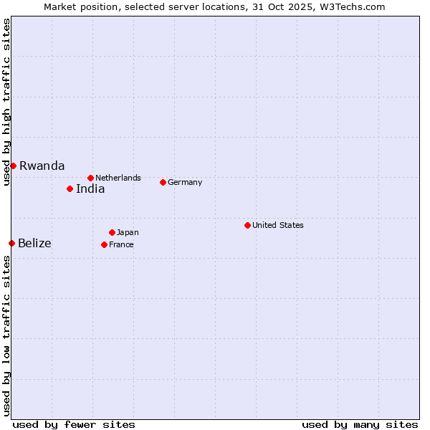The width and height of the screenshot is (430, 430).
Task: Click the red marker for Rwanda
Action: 13,166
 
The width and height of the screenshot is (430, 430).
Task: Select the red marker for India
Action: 70,188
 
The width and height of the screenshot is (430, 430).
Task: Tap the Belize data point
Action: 11,243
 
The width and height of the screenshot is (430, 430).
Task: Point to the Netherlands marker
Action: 90,178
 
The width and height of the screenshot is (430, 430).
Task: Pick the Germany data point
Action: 163,182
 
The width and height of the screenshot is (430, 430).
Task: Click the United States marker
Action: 247,225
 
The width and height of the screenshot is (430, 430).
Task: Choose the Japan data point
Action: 112,232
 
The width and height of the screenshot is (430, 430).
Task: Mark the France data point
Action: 104,244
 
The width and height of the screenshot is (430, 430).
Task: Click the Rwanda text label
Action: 42,166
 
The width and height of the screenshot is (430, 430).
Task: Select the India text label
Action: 90,189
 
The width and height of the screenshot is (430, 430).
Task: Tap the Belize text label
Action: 34,244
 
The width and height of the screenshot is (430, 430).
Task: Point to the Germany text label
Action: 185,182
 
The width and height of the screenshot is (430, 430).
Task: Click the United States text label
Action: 277,225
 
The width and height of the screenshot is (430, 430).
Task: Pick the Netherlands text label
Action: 118,178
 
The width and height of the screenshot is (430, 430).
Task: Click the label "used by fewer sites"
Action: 74,424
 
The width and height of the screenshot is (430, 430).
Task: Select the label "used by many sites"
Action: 360,424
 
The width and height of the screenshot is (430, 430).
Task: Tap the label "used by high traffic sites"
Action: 6,102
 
